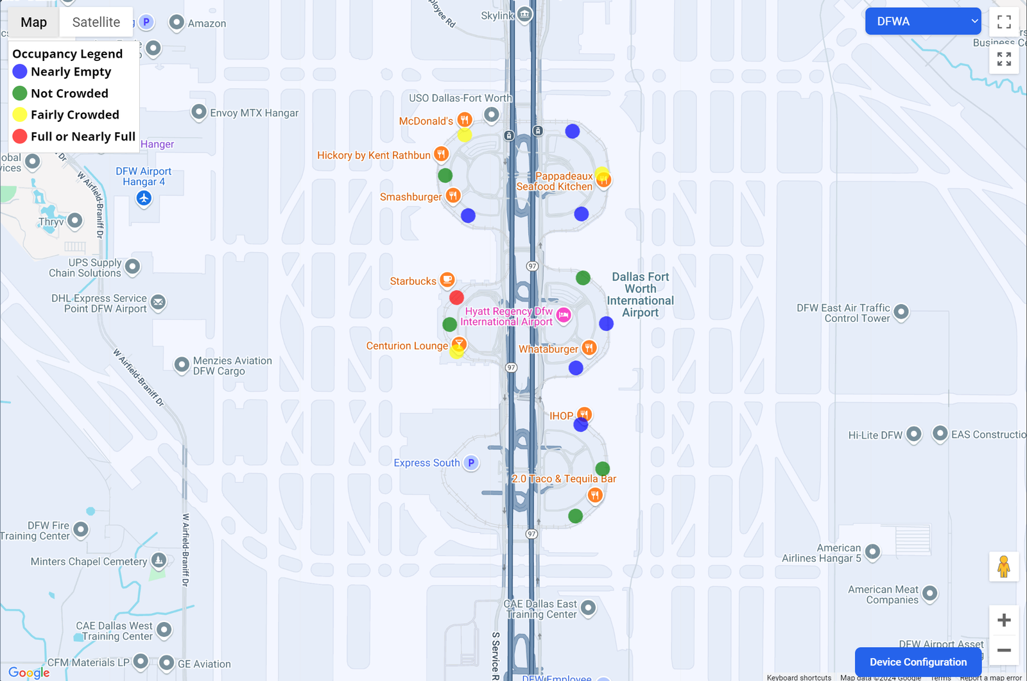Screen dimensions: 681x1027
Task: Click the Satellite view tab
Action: [x=96, y=22]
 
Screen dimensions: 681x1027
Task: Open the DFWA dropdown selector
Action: [x=922, y=21]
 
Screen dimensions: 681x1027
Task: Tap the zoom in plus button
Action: [x=1004, y=620]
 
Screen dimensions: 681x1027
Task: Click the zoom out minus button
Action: [x=1004, y=650]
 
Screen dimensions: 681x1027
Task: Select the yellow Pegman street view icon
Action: [x=1004, y=567]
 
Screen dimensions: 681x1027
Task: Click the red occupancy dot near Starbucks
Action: [x=456, y=298]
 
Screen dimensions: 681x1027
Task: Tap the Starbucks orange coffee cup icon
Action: [x=447, y=280]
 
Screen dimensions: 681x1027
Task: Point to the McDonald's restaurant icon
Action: [x=465, y=119]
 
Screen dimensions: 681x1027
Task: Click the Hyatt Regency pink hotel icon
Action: [x=564, y=314]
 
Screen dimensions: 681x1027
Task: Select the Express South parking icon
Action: [x=471, y=462]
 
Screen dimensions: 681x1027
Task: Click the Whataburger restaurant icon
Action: [x=589, y=348]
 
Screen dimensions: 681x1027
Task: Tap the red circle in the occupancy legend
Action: [x=20, y=136]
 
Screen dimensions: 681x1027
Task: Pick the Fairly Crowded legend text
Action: [x=75, y=115]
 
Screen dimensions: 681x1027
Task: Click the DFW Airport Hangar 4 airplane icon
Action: [x=144, y=198]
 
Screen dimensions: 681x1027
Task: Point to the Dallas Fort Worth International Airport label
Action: [x=640, y=294]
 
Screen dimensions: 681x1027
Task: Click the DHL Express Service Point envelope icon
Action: [x=159, y=302]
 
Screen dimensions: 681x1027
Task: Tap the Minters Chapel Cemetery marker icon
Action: [x=159, y=560]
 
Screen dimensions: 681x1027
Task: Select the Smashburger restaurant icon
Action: [x=453, y=195]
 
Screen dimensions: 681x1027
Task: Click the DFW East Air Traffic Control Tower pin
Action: [x=901, y=312]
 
